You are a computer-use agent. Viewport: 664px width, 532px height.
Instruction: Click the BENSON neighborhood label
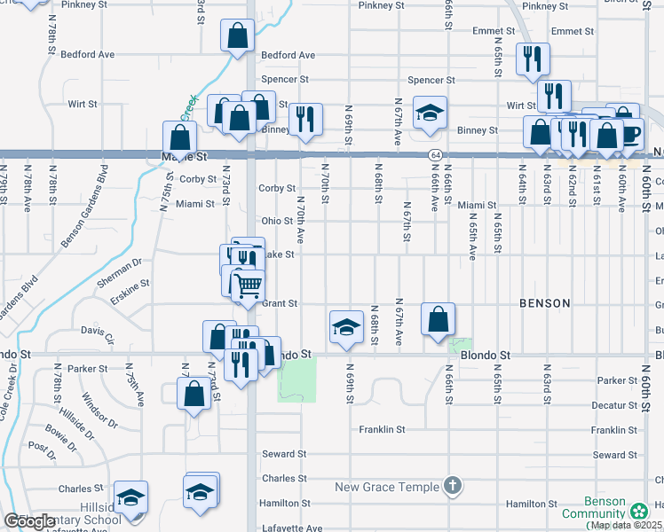pos(545,303)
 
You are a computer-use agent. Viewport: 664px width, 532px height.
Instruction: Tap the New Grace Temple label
pos(386,487)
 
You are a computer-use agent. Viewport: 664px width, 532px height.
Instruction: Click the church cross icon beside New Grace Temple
pos(453,486)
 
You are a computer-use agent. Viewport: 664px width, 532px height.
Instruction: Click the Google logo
pos(29,521)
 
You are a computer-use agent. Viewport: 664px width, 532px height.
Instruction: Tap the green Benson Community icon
pos(638,512)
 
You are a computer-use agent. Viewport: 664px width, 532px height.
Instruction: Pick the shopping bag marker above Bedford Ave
pos(237,37)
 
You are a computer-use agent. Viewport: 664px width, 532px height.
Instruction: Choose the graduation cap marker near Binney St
pos(431,113)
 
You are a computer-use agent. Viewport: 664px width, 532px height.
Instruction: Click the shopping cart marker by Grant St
pos(248,286)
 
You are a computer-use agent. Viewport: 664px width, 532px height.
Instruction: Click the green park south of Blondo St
pos(296,380)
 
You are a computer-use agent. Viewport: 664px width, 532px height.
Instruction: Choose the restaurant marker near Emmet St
pos(533,59)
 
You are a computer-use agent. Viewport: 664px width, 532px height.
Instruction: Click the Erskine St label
pos(130,284)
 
